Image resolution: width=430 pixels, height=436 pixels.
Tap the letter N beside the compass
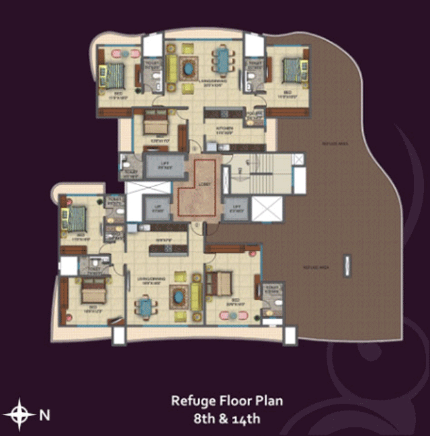(x=45, y=415)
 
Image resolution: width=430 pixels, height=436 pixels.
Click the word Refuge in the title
(x=190, y=402)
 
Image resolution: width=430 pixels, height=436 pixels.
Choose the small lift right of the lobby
(x=236, y=209)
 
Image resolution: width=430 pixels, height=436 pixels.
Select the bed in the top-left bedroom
(x=112, y=72)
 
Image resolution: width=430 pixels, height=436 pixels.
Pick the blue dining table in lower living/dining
(x=146, y=307)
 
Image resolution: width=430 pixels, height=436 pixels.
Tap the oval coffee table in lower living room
(x=178, y=295)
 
